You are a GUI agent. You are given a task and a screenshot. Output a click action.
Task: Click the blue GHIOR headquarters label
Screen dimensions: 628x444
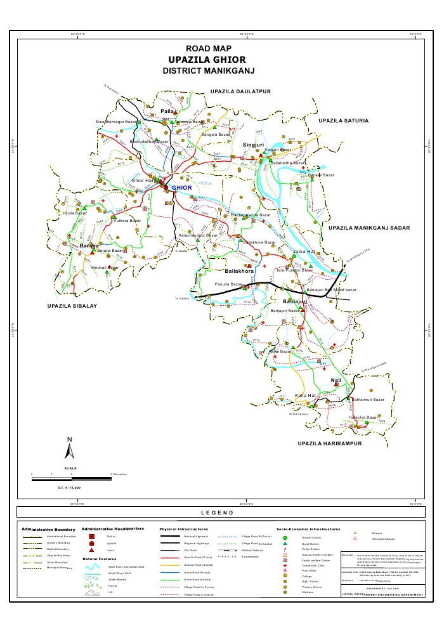coord(181,188)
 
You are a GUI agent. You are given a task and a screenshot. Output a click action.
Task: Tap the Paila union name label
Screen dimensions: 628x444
coord(167,111)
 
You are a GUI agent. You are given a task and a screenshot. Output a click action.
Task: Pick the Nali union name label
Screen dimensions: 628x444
coord(336,380)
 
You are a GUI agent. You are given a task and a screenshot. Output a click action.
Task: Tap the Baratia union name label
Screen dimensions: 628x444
coord(89,244)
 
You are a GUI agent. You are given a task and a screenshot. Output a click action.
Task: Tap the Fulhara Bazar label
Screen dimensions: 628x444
coord(127,221)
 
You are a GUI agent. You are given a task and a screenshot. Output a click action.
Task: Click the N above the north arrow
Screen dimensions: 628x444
coord(70,440)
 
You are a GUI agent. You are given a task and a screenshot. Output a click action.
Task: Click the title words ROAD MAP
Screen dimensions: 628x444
coord(208,49)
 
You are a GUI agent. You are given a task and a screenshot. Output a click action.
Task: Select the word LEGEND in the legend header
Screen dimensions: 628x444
coord(217,513)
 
